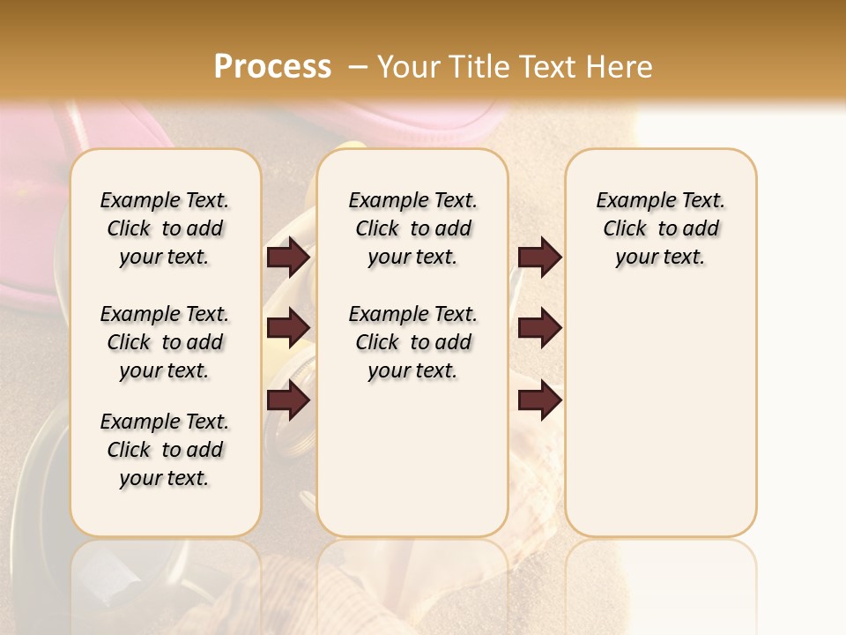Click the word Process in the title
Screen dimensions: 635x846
[x=272, y=67]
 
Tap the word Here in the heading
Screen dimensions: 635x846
[x=620, y=67]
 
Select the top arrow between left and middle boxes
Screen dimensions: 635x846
[x=288, y=257]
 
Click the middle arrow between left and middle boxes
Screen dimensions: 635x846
[x=288, y=328]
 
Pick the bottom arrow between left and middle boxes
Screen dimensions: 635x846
[x=288, y=400]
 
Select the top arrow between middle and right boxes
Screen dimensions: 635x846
[x=539, y=257]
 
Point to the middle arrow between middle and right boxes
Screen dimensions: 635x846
[x=539, y=328]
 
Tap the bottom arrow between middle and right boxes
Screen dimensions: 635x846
[x=539, y=400]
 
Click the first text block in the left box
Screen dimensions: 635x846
[x=165, y=228]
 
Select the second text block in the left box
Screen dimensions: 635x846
[x=165, y=342]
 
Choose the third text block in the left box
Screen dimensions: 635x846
[x=165, y=450]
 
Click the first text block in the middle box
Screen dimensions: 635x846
[x=412, y=228]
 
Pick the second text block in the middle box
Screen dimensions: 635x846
[x=412, y=342]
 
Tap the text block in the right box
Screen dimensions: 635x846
[x=660, y=228]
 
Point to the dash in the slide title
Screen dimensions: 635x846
[x=358, y=67]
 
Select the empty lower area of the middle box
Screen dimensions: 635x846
[x=412, y=459]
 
